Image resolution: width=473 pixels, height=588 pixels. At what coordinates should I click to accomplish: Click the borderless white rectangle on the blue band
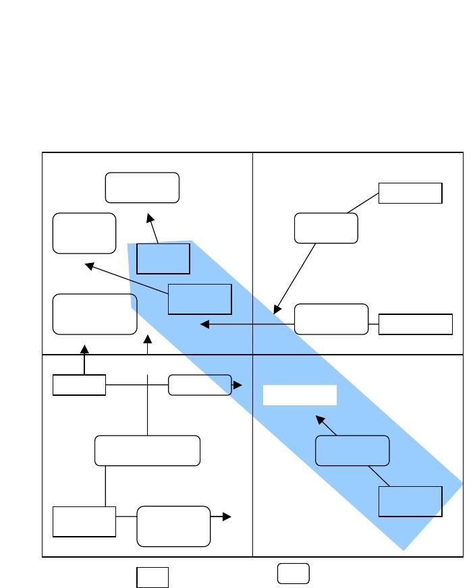[x=300, y=395]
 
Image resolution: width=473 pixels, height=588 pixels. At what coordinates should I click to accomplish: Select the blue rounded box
[x=353, y=450]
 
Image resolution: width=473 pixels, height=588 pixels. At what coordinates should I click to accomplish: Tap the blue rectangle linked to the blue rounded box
[x=410, y=501]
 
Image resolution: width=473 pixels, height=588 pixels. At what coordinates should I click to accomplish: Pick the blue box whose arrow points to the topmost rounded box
[x=163, y=259]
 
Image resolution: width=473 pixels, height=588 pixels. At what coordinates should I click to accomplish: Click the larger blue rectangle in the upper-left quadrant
[x=200, y=299]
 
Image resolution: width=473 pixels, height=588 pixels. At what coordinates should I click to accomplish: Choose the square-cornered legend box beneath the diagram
[x=152, y=578]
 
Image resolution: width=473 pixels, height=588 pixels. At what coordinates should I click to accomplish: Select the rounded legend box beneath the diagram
[x=294, y=573]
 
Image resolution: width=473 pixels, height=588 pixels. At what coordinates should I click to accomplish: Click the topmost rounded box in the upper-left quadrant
[x=142, y=187]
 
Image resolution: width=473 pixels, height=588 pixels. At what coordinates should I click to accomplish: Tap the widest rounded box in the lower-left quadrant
[x=147, y=450]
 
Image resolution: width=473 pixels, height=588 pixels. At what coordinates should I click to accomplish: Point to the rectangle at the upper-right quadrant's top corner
[x=410, y=193]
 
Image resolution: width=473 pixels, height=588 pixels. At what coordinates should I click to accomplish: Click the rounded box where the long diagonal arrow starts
[x=326, y=228]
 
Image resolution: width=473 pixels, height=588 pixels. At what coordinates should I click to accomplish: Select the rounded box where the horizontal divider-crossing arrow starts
[x=332, y=319]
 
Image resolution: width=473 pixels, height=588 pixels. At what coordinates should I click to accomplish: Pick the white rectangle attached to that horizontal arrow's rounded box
[x=415, y=324]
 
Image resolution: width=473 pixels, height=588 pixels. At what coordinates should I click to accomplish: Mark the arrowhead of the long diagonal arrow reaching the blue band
[x=275, y=311]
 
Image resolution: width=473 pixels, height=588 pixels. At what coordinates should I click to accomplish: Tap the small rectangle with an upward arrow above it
[x=79, y=385]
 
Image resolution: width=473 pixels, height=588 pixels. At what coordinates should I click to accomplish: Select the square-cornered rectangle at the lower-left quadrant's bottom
[x=84, y=521]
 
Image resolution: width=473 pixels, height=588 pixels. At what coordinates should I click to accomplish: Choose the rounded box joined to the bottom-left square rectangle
[x=173, y=526]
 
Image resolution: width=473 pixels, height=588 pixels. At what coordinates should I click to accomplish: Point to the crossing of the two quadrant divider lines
[x=252, y=354]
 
